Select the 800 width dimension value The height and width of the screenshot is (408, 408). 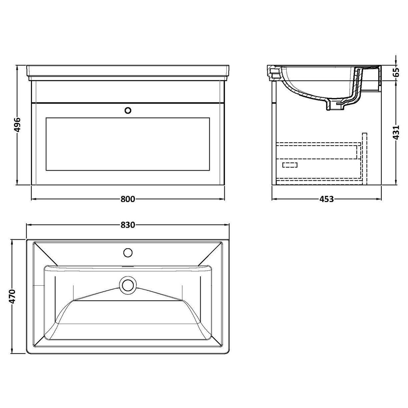click(x=128, y=199)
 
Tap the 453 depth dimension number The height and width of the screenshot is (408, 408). click(x=327, y=199)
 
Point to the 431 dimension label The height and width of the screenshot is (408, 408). click(x=396, y=133)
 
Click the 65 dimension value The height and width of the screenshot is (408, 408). click(x=396, y=72)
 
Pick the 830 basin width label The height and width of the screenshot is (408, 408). click(x=128, y=225)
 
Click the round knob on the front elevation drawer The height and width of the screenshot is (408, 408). click(x=128, y=110)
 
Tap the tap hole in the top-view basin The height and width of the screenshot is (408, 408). click(x=128, y=252)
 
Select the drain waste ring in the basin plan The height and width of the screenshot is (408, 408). click(x=128, y=285)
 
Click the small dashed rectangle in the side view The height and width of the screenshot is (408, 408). click(x=290, y=165)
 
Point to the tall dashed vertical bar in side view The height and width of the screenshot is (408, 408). click(x=364, y=158)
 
